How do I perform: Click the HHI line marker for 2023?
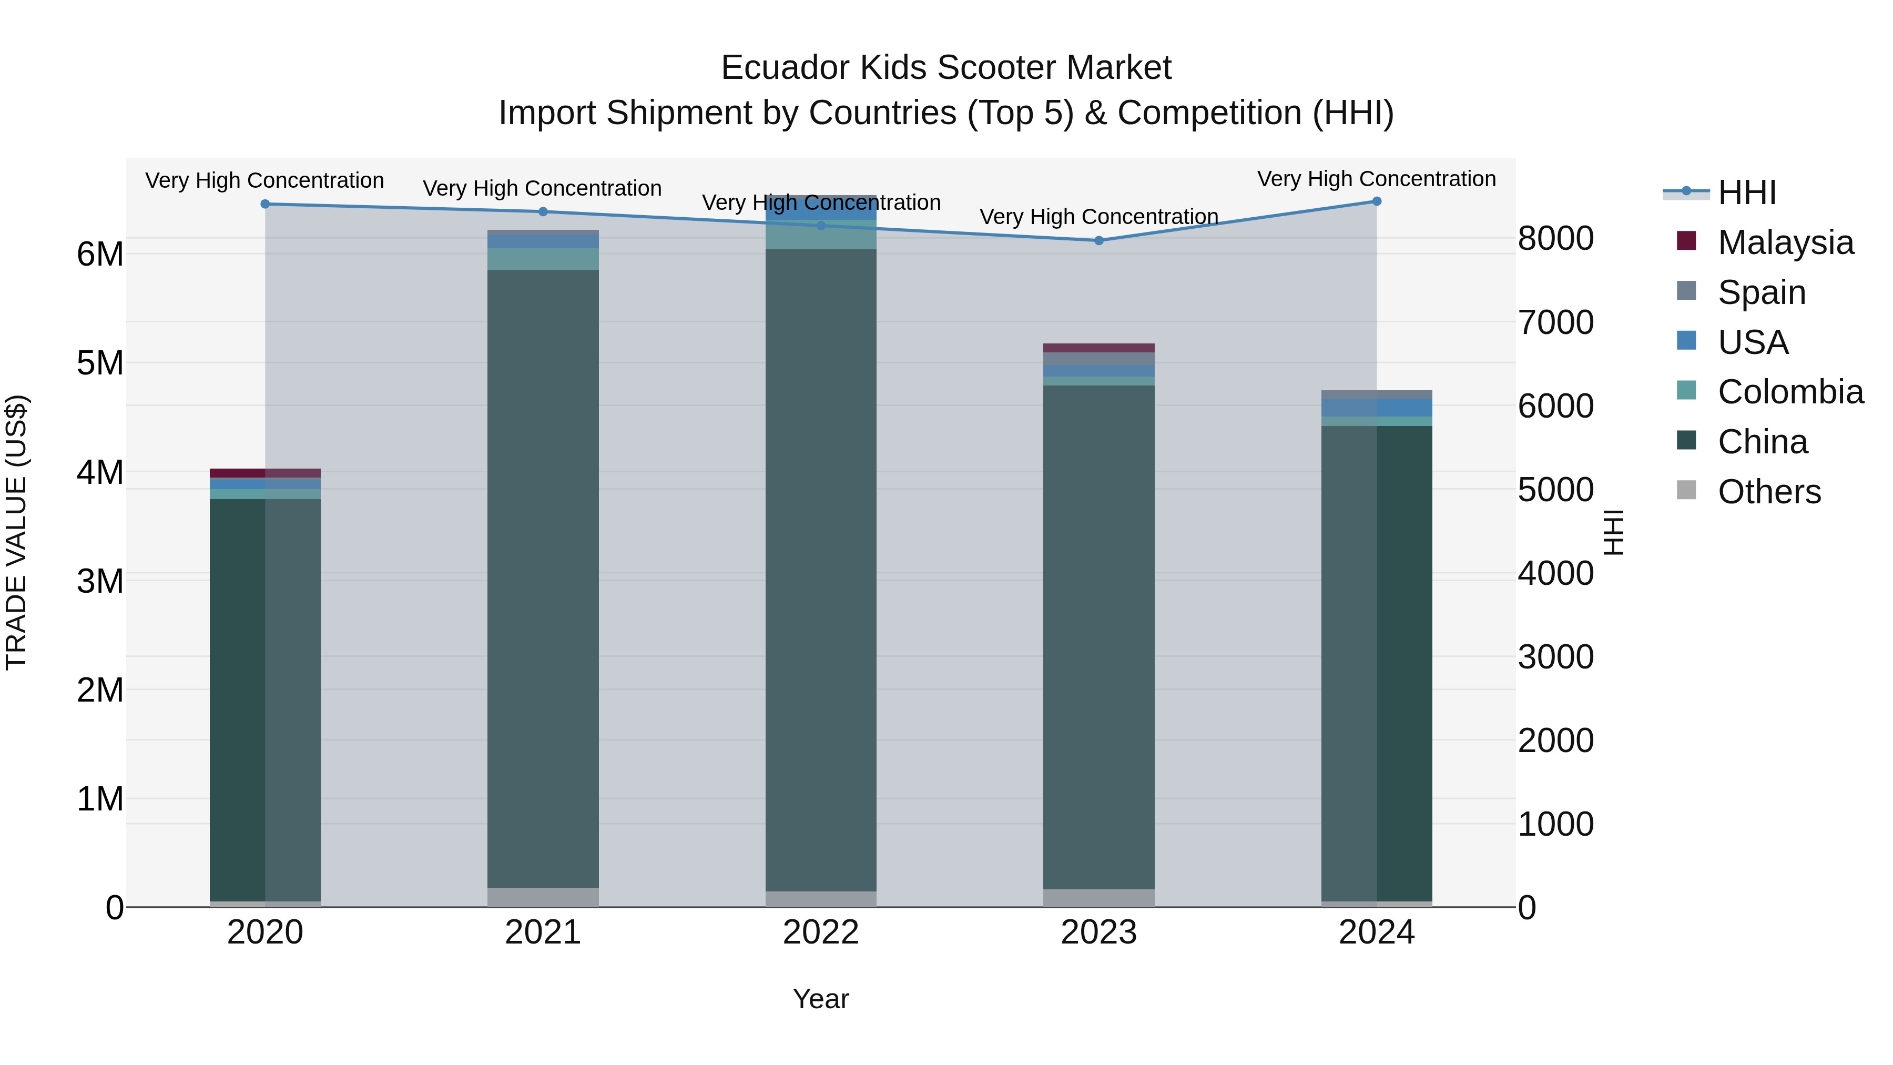point(1098,240)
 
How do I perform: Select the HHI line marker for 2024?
point(1377,201)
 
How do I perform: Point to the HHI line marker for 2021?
point(543,211)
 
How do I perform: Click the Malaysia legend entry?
point(1785,242)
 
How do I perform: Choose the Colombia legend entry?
point(1790,392)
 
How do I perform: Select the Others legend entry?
point(1769,492)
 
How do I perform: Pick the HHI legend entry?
point(1747,192)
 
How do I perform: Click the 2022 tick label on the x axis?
point(821,932)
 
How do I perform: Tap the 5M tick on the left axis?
point(100,363)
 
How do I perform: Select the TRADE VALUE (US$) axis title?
point(17,532)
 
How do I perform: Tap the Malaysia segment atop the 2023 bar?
point(1098,348)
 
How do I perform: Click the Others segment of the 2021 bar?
point(543,897)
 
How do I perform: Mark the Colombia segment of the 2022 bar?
point(821,235)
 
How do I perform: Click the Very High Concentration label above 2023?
point(1098,217)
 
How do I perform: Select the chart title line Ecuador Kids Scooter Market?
point(946,68)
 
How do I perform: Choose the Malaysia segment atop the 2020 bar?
point(266,473)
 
